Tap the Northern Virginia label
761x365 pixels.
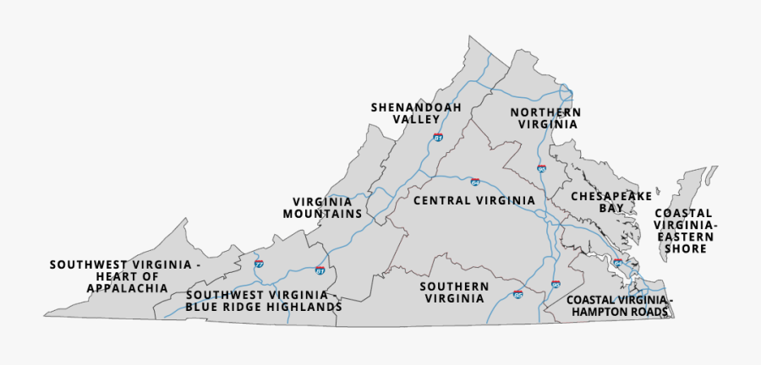[x=545, y=118]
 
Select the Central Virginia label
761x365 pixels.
[x=474, y=200]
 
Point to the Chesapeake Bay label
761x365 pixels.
[x=610, y=201]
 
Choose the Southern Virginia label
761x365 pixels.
[x=454, y=292]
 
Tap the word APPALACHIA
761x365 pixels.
[x=126, y=288]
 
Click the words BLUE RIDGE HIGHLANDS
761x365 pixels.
[x=264, y=308]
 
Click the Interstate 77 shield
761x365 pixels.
[x=258, y=264]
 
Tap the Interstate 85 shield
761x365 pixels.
[x=517, y=294]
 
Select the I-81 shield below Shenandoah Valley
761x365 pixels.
[x=437, y=137]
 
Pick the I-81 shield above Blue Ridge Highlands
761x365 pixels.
[x=320, y=270]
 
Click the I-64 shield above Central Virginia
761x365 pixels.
[x=475, y=182]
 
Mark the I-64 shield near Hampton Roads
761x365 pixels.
[x=617, y=264]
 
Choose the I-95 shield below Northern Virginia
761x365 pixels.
[x=541, y=169]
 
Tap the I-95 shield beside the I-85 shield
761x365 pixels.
[x=556, y=285]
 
